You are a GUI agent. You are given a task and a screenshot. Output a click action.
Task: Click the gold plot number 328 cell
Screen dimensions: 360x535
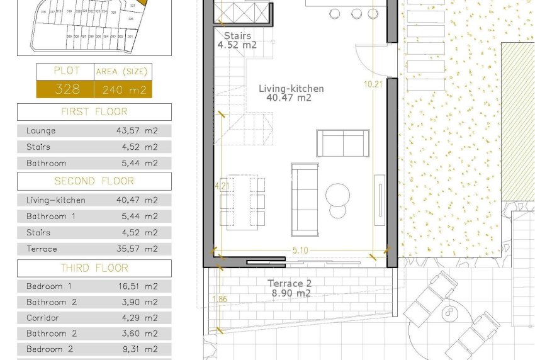[65, 89]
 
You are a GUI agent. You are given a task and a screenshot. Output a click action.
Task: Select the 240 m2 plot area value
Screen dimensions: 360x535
[123, 90]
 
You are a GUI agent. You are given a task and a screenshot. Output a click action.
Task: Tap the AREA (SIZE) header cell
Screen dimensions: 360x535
[123, 72]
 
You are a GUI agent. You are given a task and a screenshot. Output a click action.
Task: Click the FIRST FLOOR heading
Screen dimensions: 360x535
[94, 112]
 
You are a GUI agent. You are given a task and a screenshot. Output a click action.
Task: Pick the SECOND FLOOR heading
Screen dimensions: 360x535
[94, 181]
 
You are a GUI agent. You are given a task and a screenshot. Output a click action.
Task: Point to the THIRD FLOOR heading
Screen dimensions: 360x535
[94, 268]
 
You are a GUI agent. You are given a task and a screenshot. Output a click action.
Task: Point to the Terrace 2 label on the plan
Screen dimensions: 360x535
[290, 284]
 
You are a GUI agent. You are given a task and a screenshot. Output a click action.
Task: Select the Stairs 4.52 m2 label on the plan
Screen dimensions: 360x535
[237, 40]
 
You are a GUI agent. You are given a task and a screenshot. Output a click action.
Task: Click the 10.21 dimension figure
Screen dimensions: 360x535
[373, 84]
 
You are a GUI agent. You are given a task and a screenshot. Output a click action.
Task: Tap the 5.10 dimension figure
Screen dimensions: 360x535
[300, 250]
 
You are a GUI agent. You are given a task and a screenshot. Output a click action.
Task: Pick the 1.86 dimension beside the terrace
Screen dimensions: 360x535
[220, 299]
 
